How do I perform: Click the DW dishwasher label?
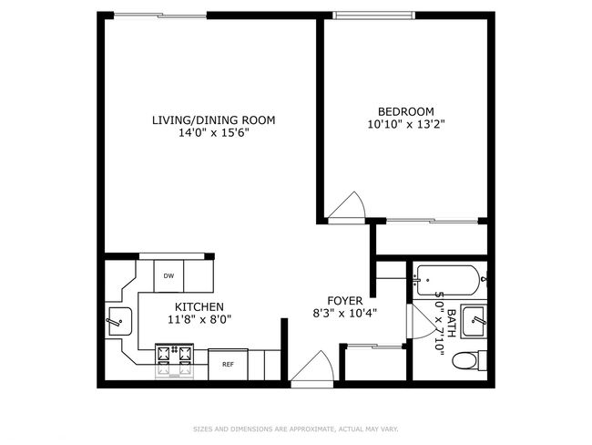tap(168, 276)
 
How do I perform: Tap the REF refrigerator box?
tap(228, 365)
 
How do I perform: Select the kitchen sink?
tap(120, 321)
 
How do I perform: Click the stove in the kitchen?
tap(175, 360)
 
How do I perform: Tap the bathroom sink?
tap(475, 321)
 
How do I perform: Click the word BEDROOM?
tap(406, 111)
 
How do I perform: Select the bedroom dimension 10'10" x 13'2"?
tap(406, 124)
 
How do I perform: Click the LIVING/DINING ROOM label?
tap(214, 120)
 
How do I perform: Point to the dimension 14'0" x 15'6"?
tap(214, 133)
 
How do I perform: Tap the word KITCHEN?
tap(199, 307)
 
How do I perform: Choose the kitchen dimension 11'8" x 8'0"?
tap(199, 320)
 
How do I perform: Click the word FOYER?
tap(345, 301)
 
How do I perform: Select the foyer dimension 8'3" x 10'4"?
tap(345, 314)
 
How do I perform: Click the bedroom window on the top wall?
tap(373, 16)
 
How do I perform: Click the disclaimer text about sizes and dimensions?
tap(296, 429)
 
